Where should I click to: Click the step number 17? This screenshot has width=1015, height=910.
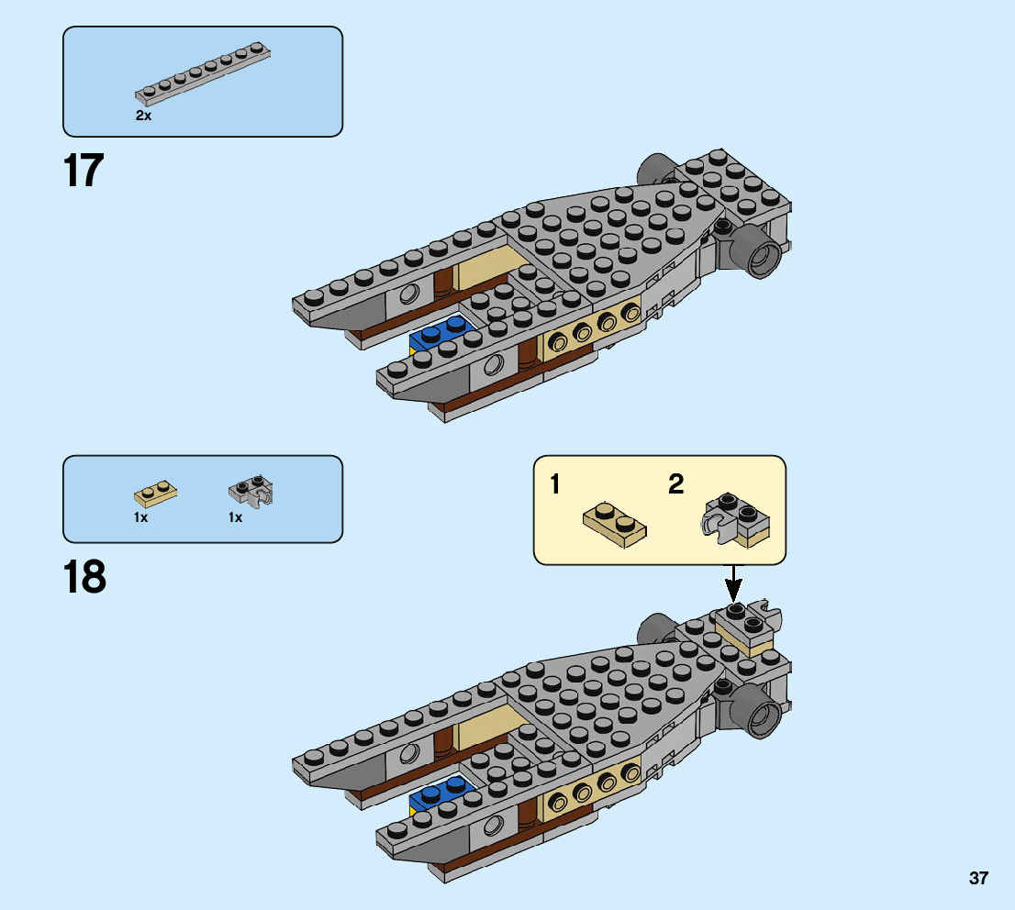[84, 171]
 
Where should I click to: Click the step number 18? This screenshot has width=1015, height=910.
[84, 577]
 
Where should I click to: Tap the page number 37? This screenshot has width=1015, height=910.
[978, 879]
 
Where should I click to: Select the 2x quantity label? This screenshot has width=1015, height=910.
[143, 117]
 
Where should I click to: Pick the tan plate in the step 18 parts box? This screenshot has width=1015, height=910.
[156, 494]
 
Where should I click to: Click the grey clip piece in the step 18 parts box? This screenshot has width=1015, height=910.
[251, 492]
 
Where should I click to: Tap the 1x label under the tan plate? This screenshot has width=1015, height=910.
[140, 517]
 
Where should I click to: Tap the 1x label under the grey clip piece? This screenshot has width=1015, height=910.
[236, 517]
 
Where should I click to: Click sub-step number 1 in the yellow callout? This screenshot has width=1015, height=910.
[555, 485]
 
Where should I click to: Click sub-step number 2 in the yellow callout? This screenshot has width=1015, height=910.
[675, 485]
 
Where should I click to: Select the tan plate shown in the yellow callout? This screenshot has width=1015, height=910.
[615, 525]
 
